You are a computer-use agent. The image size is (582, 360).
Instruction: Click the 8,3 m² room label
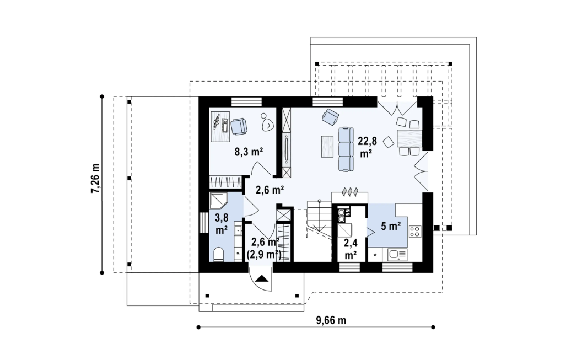point(249,152)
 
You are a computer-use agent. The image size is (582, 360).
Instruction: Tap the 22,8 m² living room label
point(367,147)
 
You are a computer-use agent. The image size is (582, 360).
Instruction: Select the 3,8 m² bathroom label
point(222,224)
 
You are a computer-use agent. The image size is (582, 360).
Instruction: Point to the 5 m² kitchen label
point(391,225)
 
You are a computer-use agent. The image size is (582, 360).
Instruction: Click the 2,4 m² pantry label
point(351,249)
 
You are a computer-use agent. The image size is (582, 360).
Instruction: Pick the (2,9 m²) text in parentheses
point(264,254)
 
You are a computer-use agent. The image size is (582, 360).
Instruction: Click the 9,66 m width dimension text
point(331,320)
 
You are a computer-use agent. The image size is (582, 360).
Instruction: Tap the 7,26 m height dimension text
point(95,178)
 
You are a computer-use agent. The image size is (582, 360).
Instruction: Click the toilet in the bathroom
point(219,255)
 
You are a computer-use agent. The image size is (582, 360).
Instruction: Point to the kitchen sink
point(397,255)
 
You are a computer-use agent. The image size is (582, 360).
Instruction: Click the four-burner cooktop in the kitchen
point(415,232)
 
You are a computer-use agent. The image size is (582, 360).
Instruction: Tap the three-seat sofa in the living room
point(346,149)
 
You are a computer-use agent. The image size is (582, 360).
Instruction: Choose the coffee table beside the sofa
point(327,147)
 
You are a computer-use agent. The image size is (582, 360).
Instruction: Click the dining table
point(409,138)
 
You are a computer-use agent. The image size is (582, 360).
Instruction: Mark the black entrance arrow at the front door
point(262,279)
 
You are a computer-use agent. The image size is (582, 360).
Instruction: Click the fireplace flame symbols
point(349,191)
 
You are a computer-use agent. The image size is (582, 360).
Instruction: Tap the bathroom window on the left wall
point(204,222)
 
